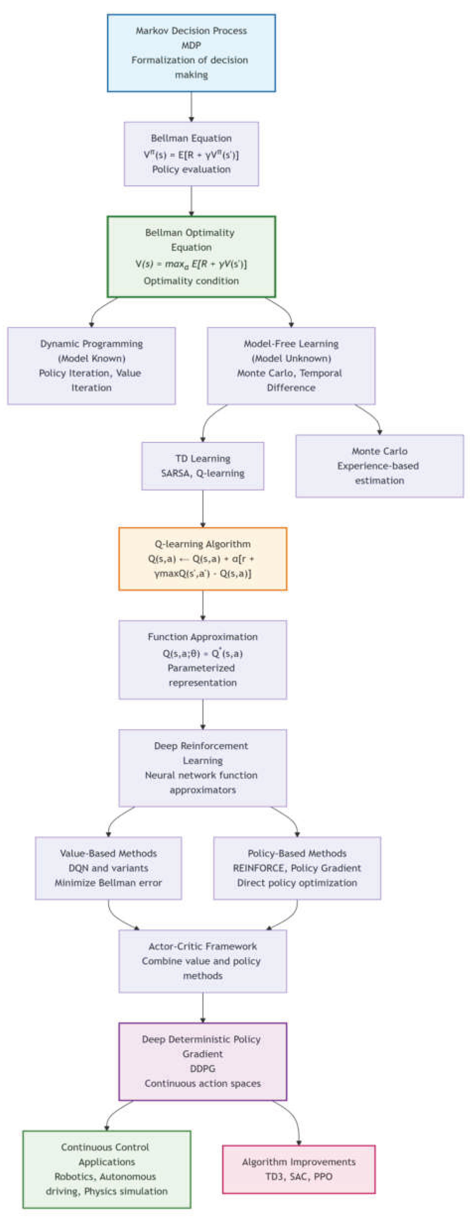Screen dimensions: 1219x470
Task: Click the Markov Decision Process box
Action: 191,53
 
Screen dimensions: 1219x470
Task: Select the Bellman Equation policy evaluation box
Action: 191,154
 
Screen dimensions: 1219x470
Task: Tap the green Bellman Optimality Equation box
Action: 191,256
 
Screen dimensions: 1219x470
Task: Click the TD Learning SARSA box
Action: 203,466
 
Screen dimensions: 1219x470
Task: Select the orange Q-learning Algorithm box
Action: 203,558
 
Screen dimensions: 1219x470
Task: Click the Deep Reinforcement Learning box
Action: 203,768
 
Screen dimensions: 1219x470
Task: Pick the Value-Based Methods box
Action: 108,868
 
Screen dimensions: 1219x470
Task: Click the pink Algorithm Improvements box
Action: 299,1169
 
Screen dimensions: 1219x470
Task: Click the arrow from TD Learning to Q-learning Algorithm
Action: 203,509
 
